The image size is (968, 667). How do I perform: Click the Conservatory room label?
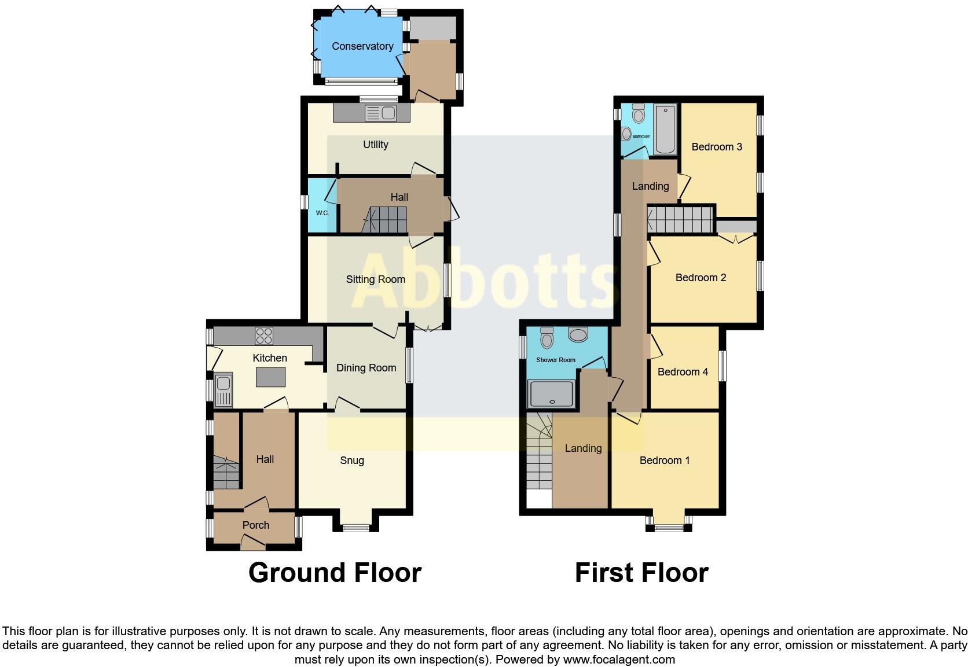pyautogui.click(x=362, y=46)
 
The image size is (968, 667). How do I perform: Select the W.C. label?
pyautogui.click(x=322, y=213)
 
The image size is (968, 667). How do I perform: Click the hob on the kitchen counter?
pyautogui.click(x=264, y=336)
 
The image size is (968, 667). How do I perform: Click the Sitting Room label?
pyautogui.click(x=375, y=279)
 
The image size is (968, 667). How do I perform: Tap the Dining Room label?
pyautogui.click(x=366, y=368)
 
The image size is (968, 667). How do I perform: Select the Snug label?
pyautogui.click(x=351, y=460)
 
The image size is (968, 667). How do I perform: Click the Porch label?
pyautogui.click(x=256, y=525)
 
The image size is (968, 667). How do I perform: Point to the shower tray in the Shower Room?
pyautogui.click(x=551, y=394)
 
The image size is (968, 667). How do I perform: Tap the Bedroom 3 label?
pyautogui.click(x=717, y=147)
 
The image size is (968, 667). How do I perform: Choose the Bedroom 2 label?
pyautogui.click(x=701, y=278)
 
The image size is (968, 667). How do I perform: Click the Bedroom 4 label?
pyautogui.click(x=683, y=372)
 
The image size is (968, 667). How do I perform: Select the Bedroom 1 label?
pyautogui.click(x=665, y=460)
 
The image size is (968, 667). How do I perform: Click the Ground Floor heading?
pyautogui.click(x=335, y=573)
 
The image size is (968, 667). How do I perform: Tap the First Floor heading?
pyautogui.click(x=641, y=573)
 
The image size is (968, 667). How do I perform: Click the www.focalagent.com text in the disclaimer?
pyautogui.click(x=618, y=659)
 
